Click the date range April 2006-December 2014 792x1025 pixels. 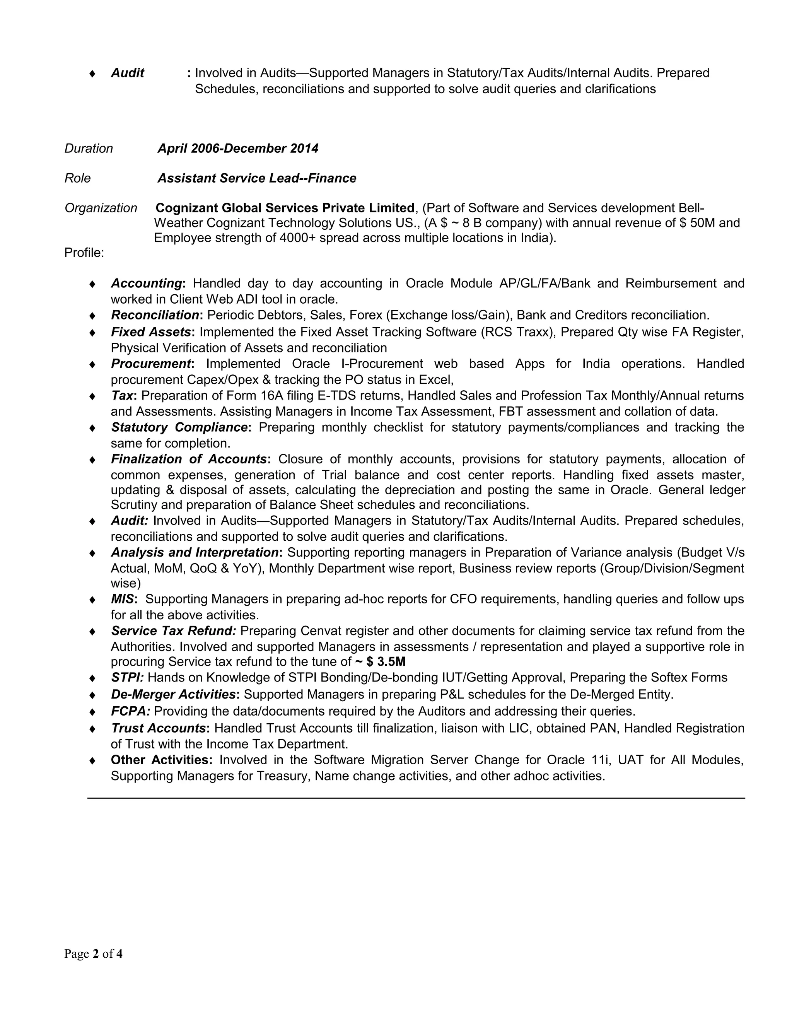point(237,149)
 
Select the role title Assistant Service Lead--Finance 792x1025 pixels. point(257,178)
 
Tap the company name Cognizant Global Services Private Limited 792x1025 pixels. point(285,208)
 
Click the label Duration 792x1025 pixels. point(89,149)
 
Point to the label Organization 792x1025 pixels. point(101,208)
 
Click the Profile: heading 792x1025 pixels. point(84,253)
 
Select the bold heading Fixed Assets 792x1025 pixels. point(150,332)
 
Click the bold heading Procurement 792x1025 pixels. point(150,364)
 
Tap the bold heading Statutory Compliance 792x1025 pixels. point(179,427)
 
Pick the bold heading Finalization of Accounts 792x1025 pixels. point(189,459)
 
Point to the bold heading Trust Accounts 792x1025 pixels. point(159,728)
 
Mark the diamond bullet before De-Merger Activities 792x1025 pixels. point(92,695)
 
